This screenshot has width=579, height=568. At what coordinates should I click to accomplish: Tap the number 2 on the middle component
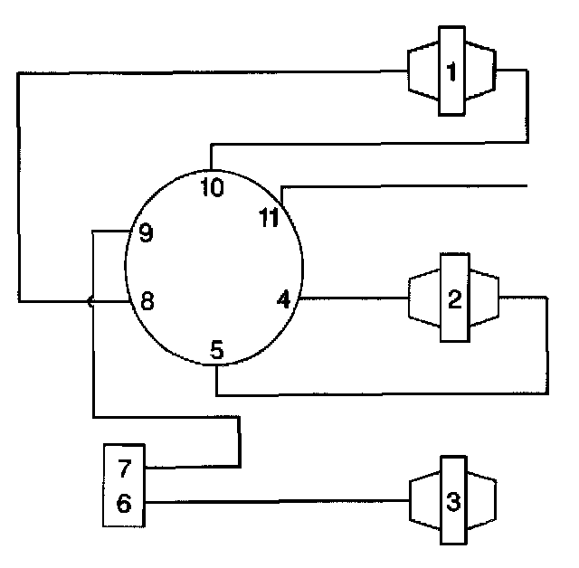[454, 298]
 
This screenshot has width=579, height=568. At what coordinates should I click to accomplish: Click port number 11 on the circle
[269, 217]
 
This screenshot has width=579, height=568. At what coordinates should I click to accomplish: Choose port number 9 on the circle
[145, 233]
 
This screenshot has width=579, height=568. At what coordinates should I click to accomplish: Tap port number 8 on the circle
[146, 301]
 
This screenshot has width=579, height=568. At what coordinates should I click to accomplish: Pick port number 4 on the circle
[284, 299]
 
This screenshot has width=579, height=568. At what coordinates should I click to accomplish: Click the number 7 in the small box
[125, 468]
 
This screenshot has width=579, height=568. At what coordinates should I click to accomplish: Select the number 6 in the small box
[125, 503]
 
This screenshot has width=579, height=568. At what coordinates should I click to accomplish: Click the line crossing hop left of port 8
[90, 302]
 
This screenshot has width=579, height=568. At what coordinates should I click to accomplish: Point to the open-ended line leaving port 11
[407, 186]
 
